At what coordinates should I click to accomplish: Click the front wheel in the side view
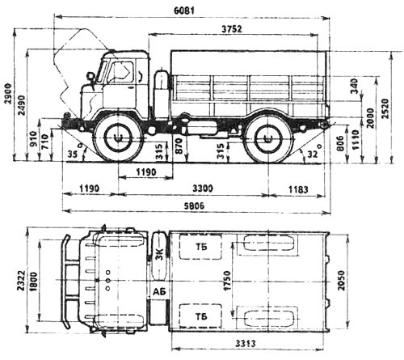click(x=118, y=138)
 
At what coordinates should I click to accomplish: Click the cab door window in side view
click(x=122, y=73)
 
